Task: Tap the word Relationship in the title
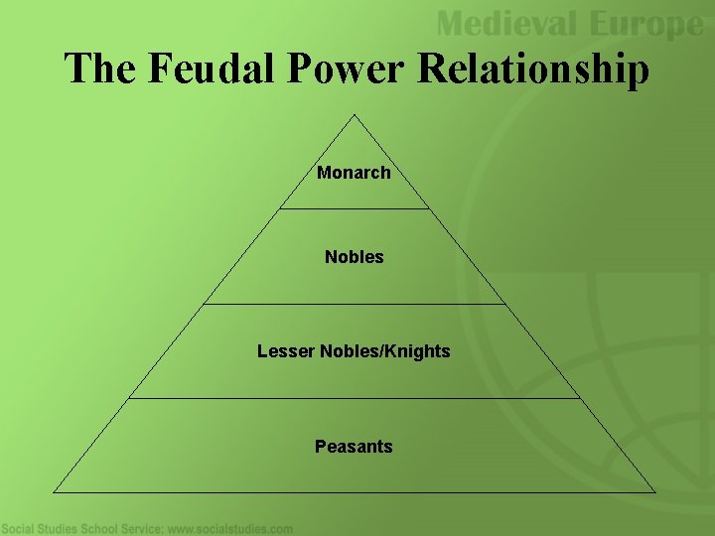point(533,70)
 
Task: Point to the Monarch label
point(354,173)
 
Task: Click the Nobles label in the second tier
point(354,257)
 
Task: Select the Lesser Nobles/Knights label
point(354,351)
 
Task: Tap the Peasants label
point(354,447)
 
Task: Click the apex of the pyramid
point(355,114)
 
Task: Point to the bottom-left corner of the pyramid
point(54,491)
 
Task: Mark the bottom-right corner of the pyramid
point(655,491)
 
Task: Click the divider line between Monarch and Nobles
point(355,208)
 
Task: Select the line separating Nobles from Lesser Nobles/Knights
point(355,304)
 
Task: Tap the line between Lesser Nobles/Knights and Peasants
point(355,399)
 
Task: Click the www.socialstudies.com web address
point(230,529)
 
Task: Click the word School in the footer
point(99,529)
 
